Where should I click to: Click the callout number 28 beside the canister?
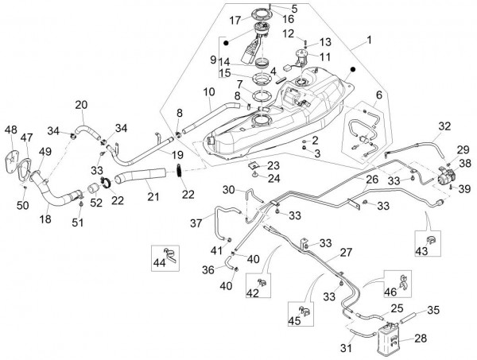point(421,339)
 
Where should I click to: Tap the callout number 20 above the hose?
point(80,105)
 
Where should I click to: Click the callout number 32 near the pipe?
point(444,126)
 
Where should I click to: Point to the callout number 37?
point(195,223)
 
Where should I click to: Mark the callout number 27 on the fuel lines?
point(347,252)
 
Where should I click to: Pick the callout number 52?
point(98,203)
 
